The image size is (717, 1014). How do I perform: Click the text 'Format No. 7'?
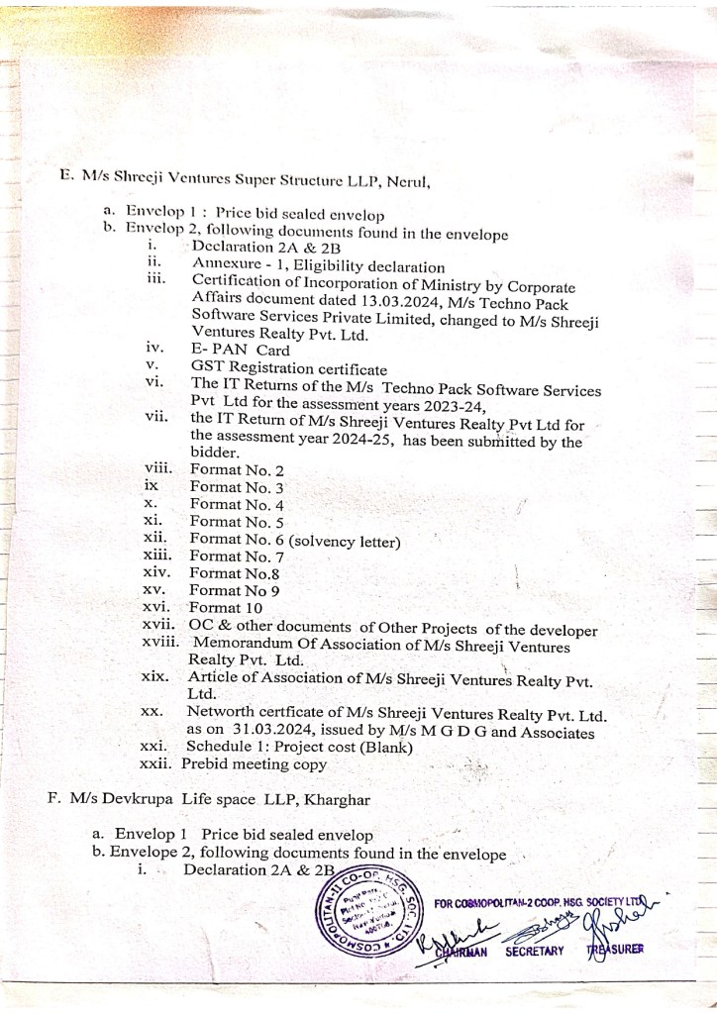pyautogui.click(x=237, y=558)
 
